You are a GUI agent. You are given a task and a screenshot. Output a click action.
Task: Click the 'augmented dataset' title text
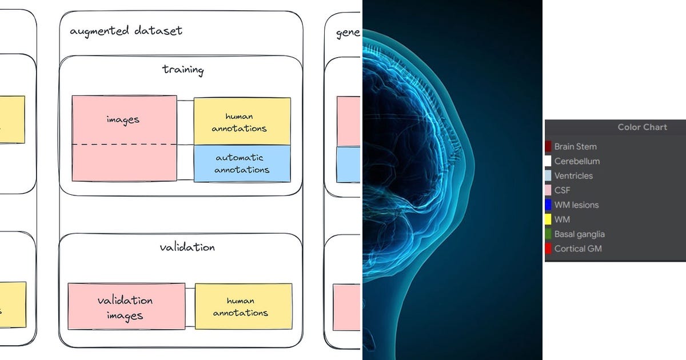126,31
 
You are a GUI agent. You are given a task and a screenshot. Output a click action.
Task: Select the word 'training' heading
183,70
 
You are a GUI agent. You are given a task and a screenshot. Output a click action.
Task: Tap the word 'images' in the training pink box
123,119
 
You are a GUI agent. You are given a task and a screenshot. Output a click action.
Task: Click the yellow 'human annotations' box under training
242,121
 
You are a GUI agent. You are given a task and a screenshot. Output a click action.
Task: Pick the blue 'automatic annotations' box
242,163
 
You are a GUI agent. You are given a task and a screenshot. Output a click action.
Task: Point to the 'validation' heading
187,247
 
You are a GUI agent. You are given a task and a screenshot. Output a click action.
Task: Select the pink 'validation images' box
126,307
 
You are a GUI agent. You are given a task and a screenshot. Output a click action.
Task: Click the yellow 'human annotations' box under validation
243,307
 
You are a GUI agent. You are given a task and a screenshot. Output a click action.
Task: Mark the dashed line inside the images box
124,145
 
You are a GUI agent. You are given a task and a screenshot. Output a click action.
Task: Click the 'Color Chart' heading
642,127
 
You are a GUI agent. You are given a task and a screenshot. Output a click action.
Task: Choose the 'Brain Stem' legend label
575,147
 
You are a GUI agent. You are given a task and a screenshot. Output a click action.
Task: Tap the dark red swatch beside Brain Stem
548,147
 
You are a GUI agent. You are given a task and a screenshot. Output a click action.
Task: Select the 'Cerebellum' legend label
577,161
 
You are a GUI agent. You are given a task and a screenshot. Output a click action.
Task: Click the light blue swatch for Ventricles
548,176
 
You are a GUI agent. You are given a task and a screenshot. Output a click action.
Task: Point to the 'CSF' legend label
562,190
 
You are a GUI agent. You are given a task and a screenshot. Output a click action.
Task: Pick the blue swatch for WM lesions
548,205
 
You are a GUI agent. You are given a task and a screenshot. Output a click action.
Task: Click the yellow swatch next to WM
548,219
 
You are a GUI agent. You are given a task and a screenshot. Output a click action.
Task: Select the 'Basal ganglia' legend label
579,234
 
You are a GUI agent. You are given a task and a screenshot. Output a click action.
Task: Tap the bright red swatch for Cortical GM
548,249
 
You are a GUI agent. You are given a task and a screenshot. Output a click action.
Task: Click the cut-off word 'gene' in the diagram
348,33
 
